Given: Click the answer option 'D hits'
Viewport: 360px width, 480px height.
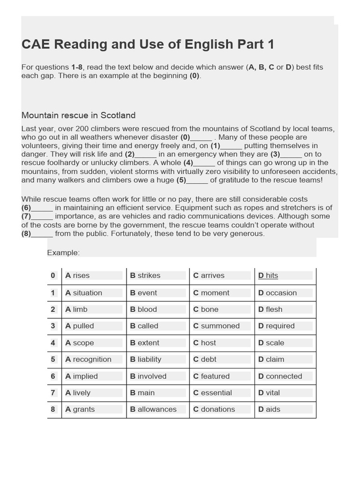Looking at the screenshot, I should click(268, 276).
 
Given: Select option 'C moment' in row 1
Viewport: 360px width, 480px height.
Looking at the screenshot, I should click(211, 293).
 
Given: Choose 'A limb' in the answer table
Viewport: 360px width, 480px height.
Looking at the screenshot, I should click(76, 309).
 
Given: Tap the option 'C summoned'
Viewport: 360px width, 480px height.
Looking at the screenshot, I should click(216, 326).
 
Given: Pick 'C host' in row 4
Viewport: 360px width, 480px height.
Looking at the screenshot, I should click(204, 343).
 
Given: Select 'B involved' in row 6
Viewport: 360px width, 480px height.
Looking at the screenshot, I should click(148, 376).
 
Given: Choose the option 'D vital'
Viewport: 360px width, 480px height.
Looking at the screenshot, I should click(269, 393).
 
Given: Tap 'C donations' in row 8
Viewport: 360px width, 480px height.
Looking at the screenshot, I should click(214, 409).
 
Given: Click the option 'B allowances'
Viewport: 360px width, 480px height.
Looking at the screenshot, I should click(153, 409).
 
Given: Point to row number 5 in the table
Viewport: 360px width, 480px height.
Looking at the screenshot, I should click(53, 360).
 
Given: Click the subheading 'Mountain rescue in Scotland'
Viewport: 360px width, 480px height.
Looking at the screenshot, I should click(78, 115).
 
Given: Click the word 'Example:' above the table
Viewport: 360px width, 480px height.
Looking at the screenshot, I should click(63, 253).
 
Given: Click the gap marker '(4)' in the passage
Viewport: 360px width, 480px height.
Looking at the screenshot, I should click(188, 163).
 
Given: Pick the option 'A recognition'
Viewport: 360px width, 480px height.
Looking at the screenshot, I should click(89, 360).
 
